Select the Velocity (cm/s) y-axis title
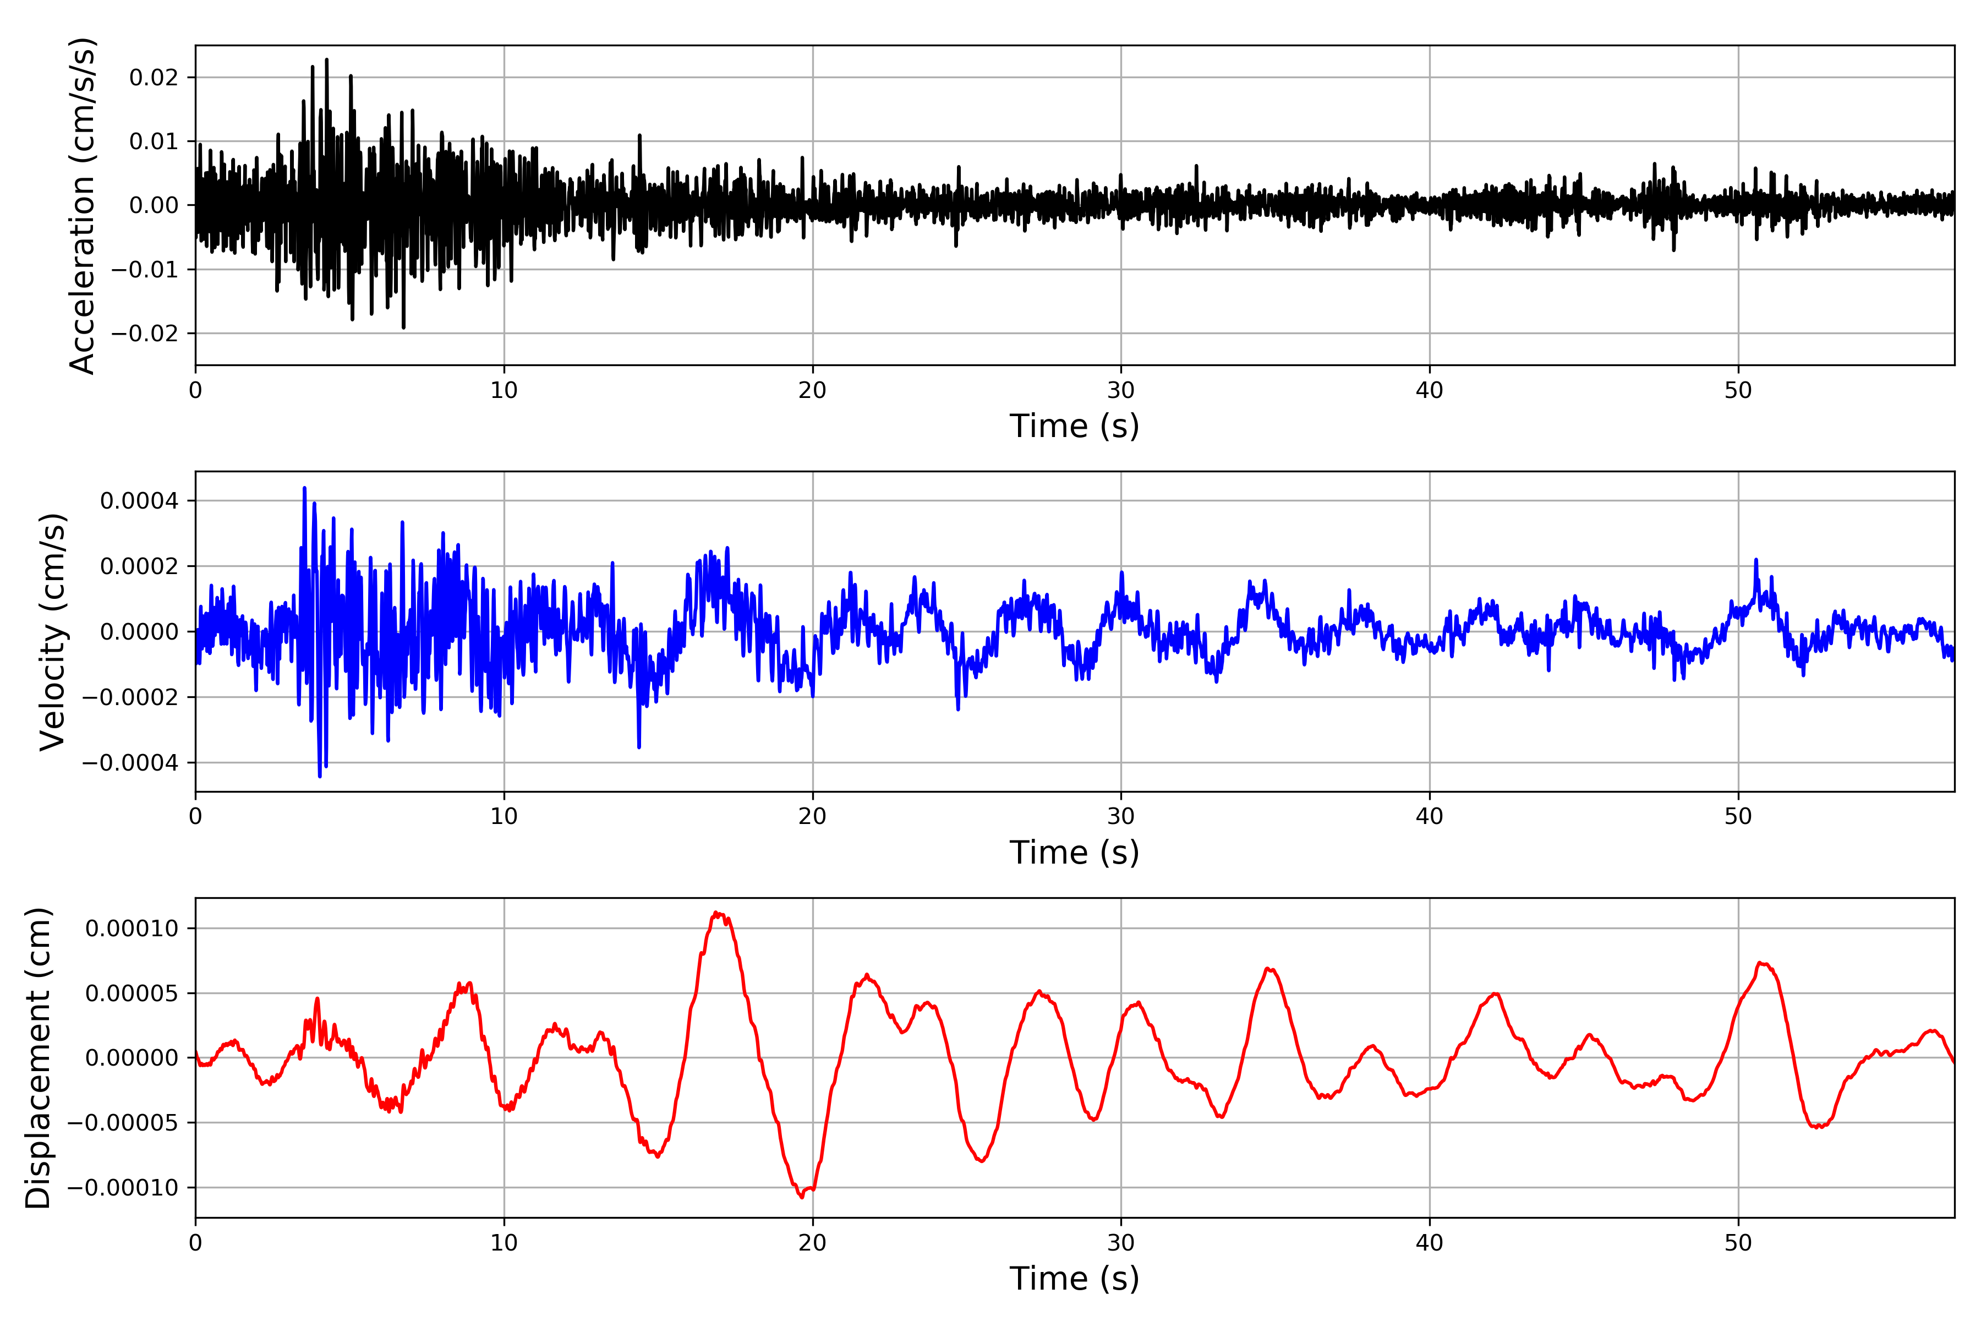click(52, 631)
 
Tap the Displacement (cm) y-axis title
click(38, 1057)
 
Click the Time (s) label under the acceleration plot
click(1074, 426)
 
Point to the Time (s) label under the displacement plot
click(1074, 1279)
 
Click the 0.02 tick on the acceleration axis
click(154, 78)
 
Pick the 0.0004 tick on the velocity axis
click(139, 501)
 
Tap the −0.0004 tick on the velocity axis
click(130, 763)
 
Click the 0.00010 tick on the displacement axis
click(132, 929)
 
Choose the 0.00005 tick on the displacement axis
click(132, 994)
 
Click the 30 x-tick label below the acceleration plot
click(1121, 390)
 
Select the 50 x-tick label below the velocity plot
click(1738, 816)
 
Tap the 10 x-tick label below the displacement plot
click(504, 1243)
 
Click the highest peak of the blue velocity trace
click(304, 488)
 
